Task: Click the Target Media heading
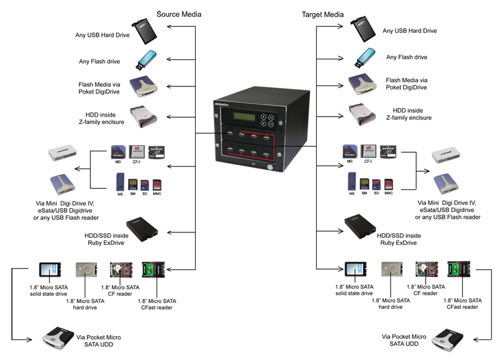tap(323, 13)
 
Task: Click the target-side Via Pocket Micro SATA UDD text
tap(404, 340)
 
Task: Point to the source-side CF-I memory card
tap(134, 151)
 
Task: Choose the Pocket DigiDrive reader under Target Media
tap(364, 84)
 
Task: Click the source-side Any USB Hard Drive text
tap(103, 35)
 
